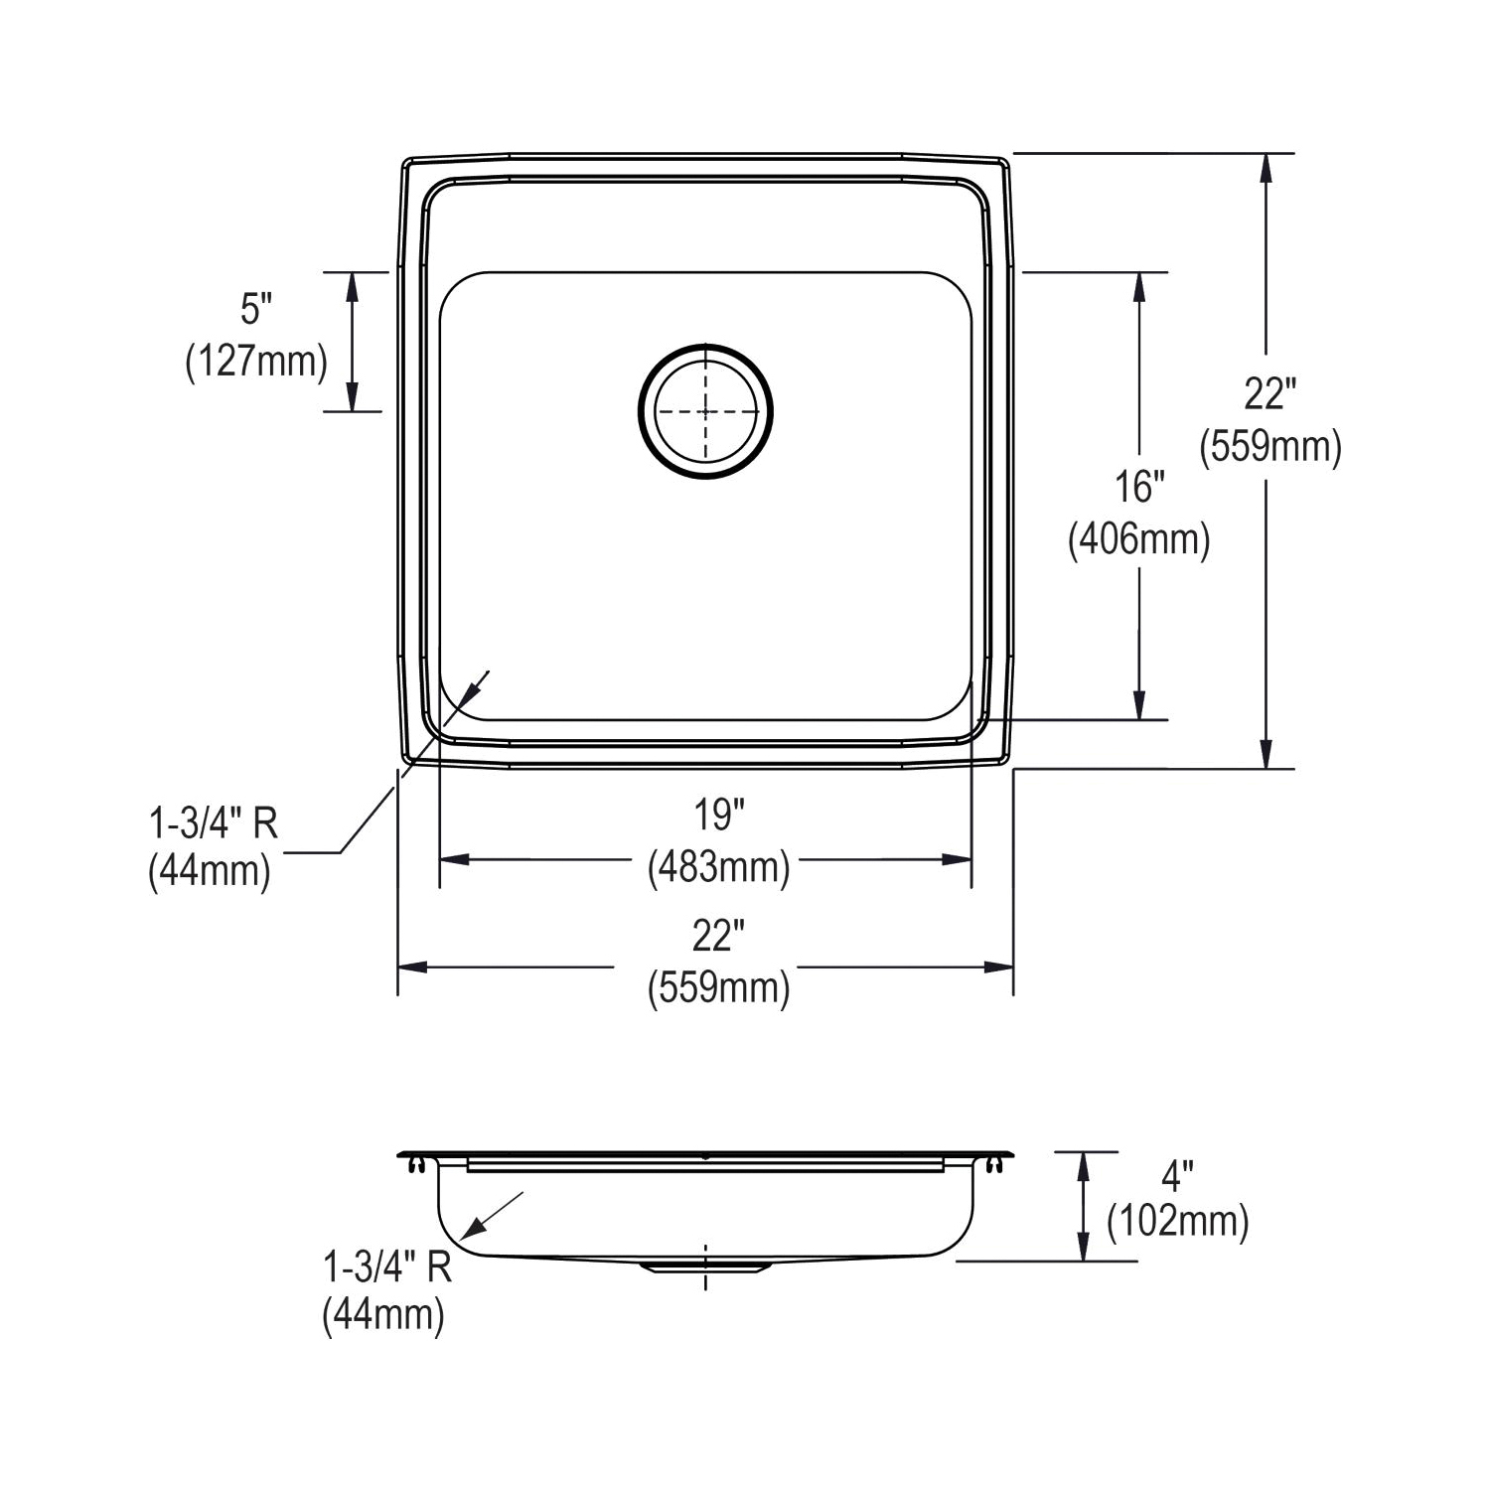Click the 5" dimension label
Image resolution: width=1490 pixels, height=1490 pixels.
click(x=256, y=310)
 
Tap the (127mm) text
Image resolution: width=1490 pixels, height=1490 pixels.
click(x=256, y=362)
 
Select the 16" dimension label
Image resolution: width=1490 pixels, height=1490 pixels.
click(x=1138, y=487)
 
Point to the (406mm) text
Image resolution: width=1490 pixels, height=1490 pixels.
click(x=1138, y=540)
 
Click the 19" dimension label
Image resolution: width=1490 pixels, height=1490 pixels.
click(x=719, y=816)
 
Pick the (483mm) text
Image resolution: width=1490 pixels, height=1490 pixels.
click(x=719, y=867)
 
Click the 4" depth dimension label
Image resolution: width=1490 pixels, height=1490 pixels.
click(x=1177, y=1178)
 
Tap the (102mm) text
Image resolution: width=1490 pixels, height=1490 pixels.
click(x=1177, y=1221)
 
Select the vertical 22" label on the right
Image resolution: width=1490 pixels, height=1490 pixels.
click(x=1270, y=394)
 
